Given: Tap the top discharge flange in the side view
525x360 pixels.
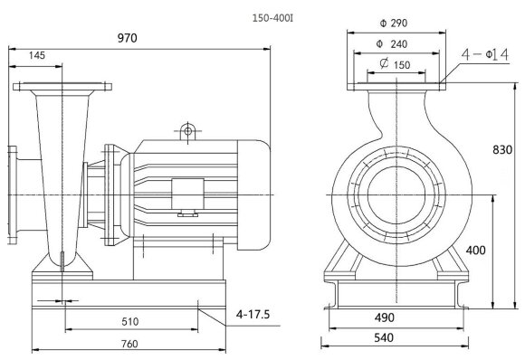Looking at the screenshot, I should (62, 87).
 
